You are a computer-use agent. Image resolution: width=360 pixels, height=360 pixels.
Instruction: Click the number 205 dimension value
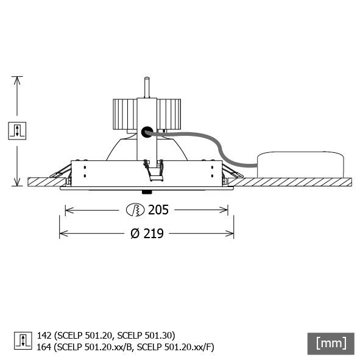(x=158, y=210)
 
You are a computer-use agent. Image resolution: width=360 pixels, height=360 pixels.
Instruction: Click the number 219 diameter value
(x=152, y=233)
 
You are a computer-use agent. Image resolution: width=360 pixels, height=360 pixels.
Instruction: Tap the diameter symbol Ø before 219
(x=135, y=233)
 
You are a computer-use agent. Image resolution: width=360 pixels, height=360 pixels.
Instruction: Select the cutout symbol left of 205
(x=133, y=210)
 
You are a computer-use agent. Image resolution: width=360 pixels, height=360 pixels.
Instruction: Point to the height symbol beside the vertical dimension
(x=17, y=130)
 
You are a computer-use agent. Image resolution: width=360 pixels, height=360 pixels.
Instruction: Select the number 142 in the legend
(x=44, y=335)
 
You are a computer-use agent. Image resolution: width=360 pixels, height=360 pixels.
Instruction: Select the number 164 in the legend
(x=44, y=347)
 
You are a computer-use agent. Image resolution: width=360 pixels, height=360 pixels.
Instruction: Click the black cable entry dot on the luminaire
(x=146, y=131)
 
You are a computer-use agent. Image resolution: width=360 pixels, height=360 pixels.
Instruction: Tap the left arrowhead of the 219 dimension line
(x=62, y=233)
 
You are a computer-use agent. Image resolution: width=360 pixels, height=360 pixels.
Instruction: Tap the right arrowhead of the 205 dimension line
(x=225, y=210)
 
